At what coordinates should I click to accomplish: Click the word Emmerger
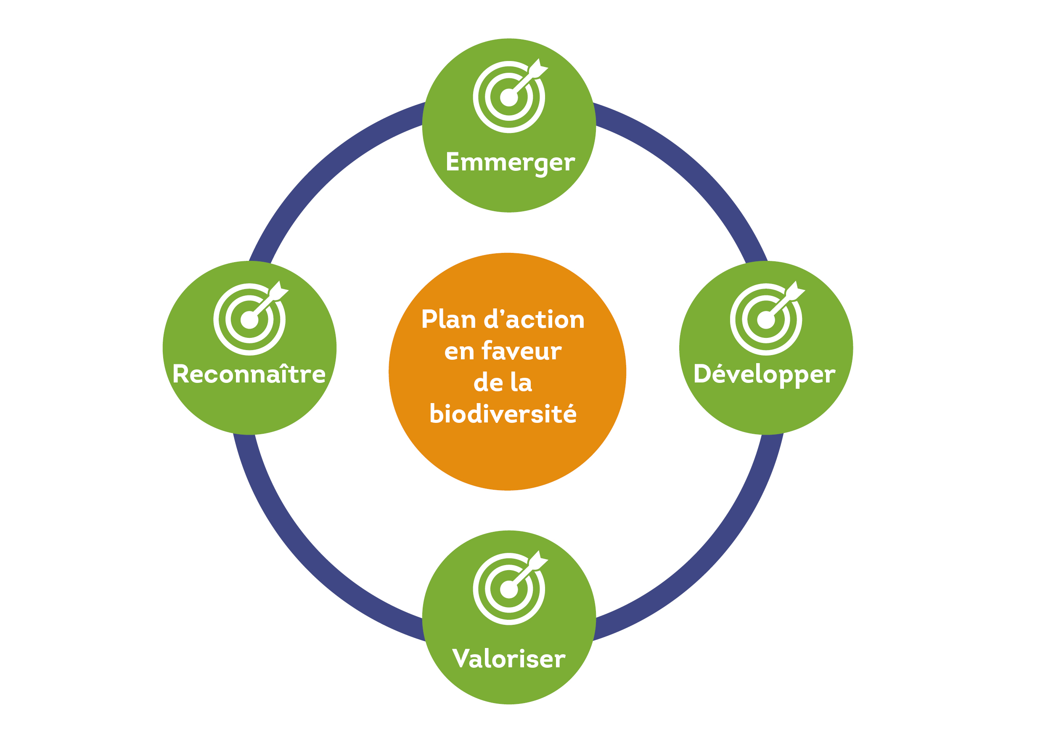tap(510, 163)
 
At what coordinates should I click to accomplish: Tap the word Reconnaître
tap(249, 374)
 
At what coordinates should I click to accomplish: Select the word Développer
tap(765, 374)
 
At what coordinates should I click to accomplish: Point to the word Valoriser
tap(509, 658)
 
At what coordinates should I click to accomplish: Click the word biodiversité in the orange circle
tap(503, 414)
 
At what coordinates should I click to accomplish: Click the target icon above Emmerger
tap(509, 97)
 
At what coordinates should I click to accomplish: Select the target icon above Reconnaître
tap(250, 319)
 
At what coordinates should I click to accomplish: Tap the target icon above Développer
tap(766, 319)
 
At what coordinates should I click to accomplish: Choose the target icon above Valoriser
tap(509, 589)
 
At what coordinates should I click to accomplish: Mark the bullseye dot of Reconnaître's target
tap(249, 320)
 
